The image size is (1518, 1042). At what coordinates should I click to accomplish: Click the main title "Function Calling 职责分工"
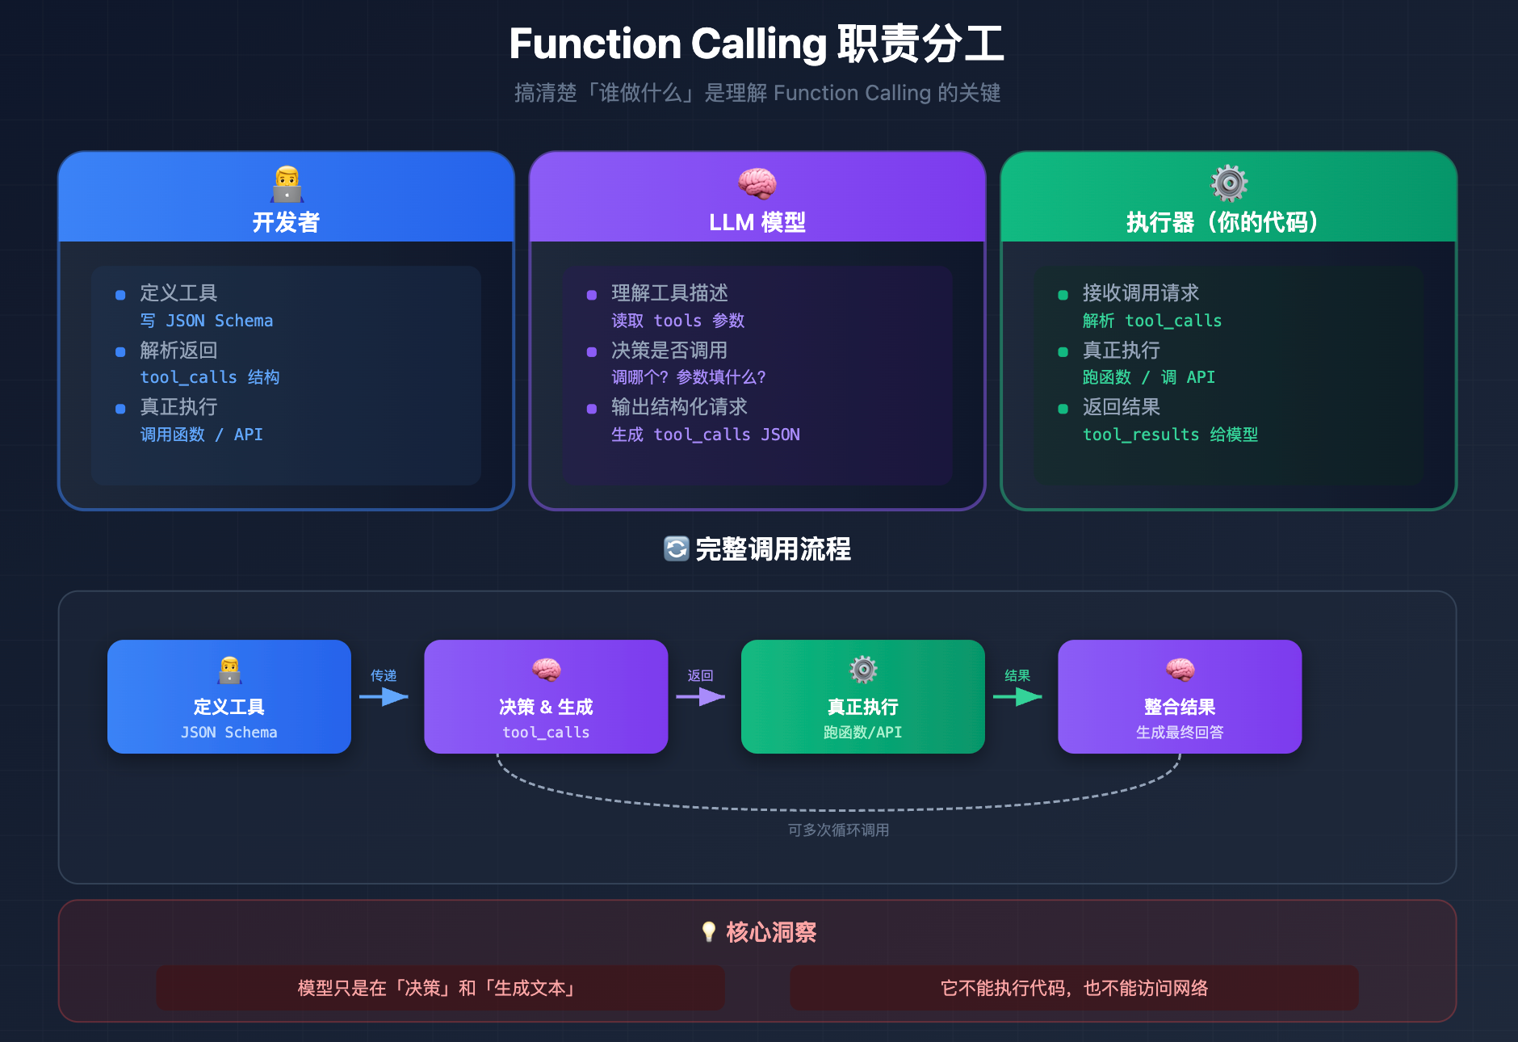coord(757,44)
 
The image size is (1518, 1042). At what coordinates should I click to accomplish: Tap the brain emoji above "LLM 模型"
coord(757,184)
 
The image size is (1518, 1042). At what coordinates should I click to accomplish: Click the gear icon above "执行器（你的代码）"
coord(1229,183)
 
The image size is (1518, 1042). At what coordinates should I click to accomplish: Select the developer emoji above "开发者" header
coord(287,184)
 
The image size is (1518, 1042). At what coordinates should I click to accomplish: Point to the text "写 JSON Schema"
coord(207,321)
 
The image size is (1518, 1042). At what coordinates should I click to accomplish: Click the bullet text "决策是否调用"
coord(669,351)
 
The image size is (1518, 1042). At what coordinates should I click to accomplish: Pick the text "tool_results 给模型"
coord(1170,435)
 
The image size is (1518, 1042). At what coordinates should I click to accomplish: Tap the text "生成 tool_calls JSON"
coord(705,435)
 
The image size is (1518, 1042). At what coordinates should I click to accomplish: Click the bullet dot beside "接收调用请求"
coord(1063,295)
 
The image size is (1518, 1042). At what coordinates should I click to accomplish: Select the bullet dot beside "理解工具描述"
coord(592,295)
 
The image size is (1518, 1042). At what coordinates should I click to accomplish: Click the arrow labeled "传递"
coord(384,696)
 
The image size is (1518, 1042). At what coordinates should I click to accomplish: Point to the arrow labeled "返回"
coord(701,696)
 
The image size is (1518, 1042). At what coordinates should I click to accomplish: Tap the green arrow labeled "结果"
coord(1017,696)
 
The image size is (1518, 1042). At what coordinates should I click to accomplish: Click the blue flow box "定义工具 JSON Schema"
coord(229,696)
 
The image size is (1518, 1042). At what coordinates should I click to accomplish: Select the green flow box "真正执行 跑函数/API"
coord(862,696)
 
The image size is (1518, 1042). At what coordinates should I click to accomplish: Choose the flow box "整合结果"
coord(1179,696)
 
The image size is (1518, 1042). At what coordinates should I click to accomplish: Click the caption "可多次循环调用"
coord(838,830)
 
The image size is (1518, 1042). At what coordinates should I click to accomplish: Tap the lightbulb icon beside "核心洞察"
coord(709,932)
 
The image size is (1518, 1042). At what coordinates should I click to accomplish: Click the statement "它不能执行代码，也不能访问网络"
coord(1074,988)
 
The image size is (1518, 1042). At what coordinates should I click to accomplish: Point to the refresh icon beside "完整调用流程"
coord(676,549)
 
